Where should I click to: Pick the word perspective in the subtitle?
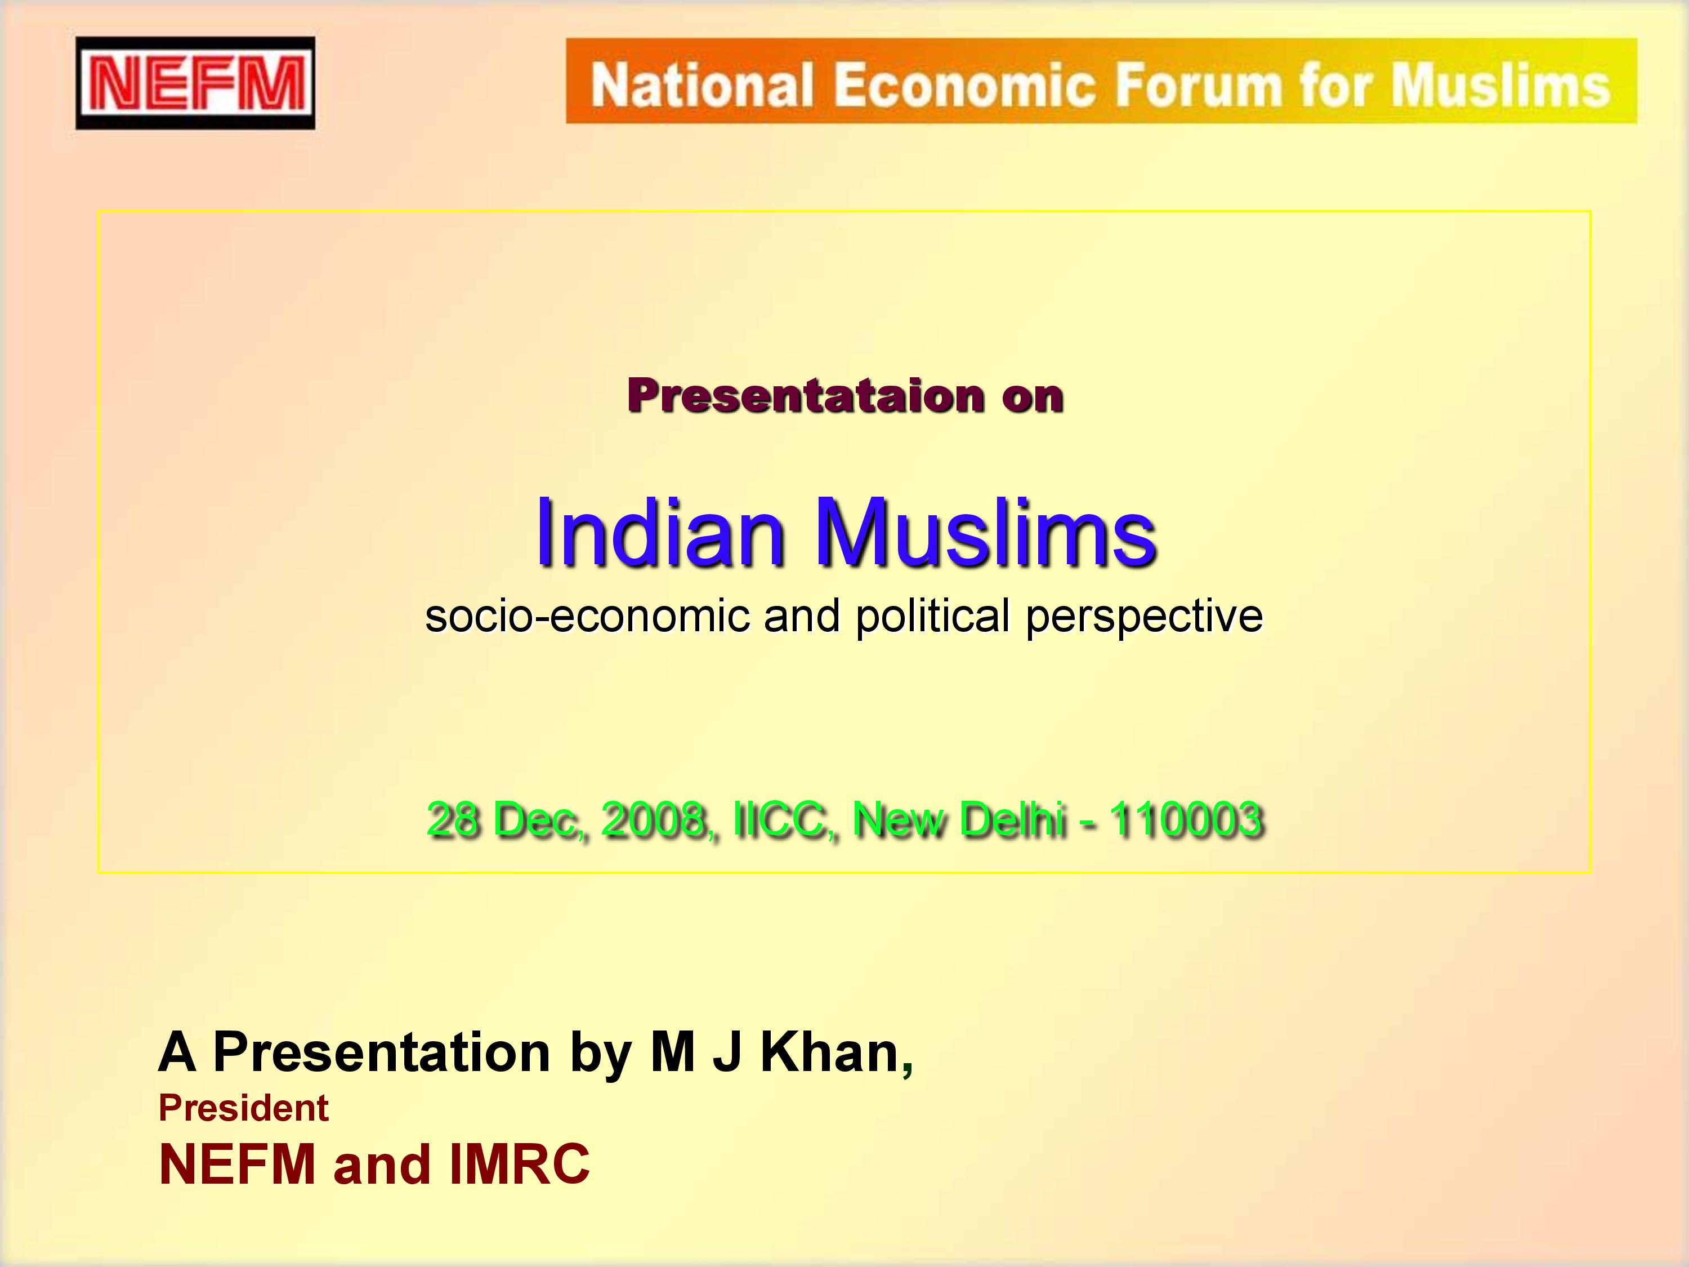click(1144, 617)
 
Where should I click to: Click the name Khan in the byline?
click(830, 1052)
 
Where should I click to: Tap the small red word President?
click(244, 1108)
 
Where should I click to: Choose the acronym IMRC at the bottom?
click(519, 1165)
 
